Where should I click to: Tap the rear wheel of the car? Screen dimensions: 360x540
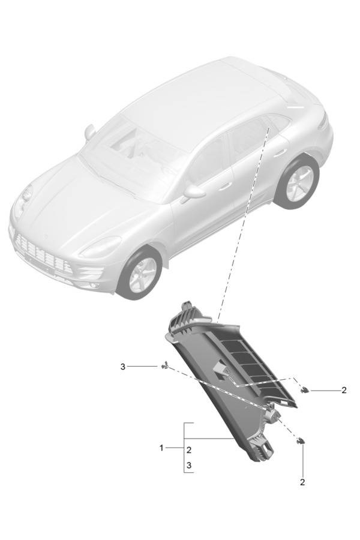[299, 183]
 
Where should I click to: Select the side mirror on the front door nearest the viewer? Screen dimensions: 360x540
[193, 193]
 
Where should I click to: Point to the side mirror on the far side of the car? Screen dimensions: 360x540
[90, 132]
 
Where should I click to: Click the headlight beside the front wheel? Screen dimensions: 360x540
[100, 247]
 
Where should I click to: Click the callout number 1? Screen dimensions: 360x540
[161, 448]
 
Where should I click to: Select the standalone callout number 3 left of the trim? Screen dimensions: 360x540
[122, 367]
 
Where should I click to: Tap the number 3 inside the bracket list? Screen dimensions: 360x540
[189, 465]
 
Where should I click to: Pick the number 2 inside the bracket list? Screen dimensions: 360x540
[189, 450]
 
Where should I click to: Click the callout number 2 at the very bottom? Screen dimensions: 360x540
[302, 482]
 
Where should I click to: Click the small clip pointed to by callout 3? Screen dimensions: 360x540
[164, 366]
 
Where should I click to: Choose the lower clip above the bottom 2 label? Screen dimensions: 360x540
[301, 440]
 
